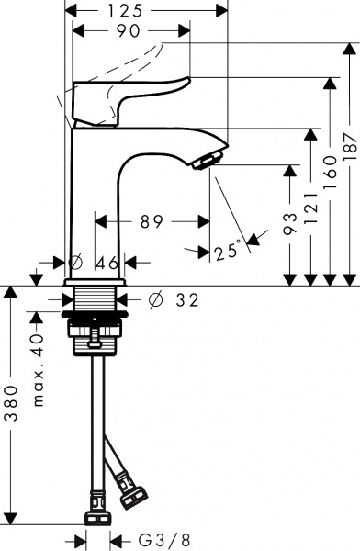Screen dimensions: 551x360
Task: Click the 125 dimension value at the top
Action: (x=148, y=10)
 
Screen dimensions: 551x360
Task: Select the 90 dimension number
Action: (x=129, y=31)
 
